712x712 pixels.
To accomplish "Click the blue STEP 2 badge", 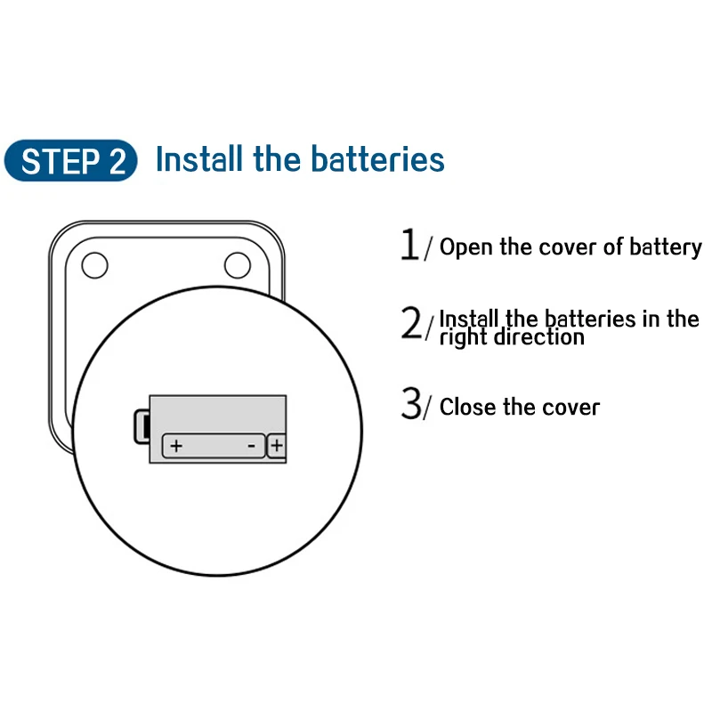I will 71,161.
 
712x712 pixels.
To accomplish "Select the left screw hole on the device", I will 94,264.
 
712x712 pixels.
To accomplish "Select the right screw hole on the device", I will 238,264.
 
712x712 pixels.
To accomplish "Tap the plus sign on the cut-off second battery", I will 277,445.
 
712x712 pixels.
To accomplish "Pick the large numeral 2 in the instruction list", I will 412,324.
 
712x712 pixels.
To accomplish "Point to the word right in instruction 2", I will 464,338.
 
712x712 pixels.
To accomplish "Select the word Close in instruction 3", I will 468,408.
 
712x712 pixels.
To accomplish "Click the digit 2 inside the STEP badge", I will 118,162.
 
